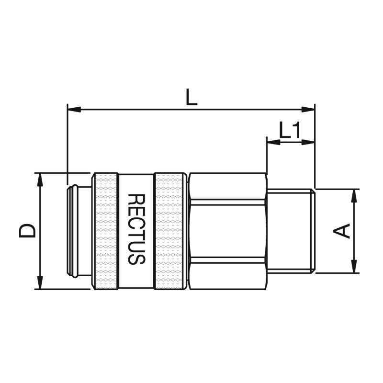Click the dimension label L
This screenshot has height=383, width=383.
pyautogui.click(x=191, y=97)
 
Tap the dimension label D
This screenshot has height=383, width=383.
pyautogui.click(x=27, y=231)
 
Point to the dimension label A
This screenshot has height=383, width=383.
pyautogui.click(x=341, y=231)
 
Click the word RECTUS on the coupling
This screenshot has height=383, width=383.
pyautogui.click(x=137, y=229)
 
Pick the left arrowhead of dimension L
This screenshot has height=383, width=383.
pyautogui.click(x=74, y=110)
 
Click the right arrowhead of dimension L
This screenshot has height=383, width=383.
pyautogui.click(x=308, y=110)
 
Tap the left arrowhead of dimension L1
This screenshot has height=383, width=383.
pyautogui.click(x=273, y=142)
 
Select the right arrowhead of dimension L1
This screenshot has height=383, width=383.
pyautogui.click(x=308, y=142)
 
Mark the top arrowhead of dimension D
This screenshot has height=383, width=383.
pyautogui.click(x=40, y=180)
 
